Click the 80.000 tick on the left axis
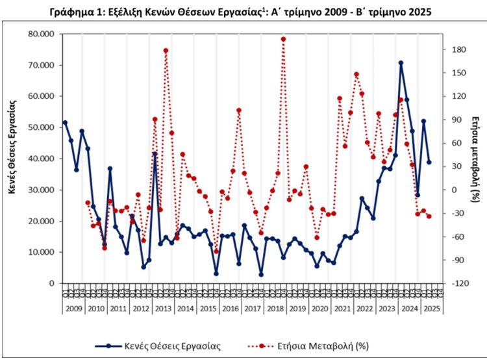[x=42, y=34]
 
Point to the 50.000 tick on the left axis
[x=42, y=127]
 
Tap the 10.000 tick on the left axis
[x=42, y=252]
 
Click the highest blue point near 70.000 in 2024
[x=401, y=63]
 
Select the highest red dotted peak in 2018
[x=283, y=39]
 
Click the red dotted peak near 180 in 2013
[x=166, y=50]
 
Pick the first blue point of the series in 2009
[x=65, y=123]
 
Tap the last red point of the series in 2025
[x=429, y=216]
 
